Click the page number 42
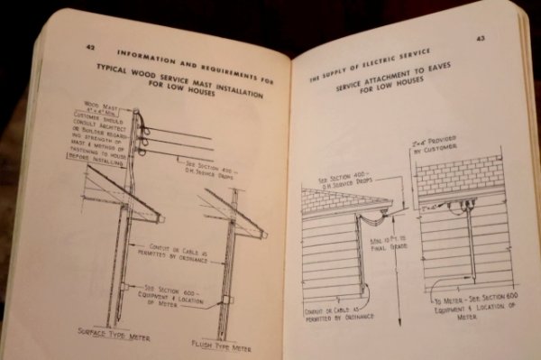tap(91, 45)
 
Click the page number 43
tap(480, 38)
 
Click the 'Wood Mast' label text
tap(102, 105)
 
